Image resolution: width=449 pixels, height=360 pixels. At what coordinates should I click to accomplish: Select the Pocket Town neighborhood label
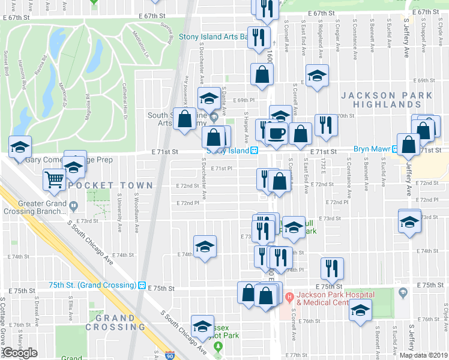coord(117,185)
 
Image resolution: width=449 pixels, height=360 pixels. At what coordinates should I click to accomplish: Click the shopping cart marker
coord(55,179)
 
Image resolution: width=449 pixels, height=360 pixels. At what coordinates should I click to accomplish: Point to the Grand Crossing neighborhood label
coord(115,322)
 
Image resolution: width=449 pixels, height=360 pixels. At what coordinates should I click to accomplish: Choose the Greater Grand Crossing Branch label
coord(34,207)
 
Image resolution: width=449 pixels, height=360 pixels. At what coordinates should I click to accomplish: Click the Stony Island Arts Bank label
coord(205,37)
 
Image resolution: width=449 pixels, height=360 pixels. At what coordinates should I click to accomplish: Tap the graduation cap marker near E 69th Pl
coord(209,98)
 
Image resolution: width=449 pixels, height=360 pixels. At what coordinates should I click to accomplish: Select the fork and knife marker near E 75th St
coord(331,268)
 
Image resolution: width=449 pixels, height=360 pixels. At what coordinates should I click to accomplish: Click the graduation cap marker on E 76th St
coord(360,310)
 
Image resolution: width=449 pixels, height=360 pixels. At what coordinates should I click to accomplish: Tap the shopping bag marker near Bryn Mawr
coord(409,144)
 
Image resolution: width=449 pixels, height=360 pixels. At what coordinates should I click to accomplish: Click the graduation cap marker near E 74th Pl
coord(205,246)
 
